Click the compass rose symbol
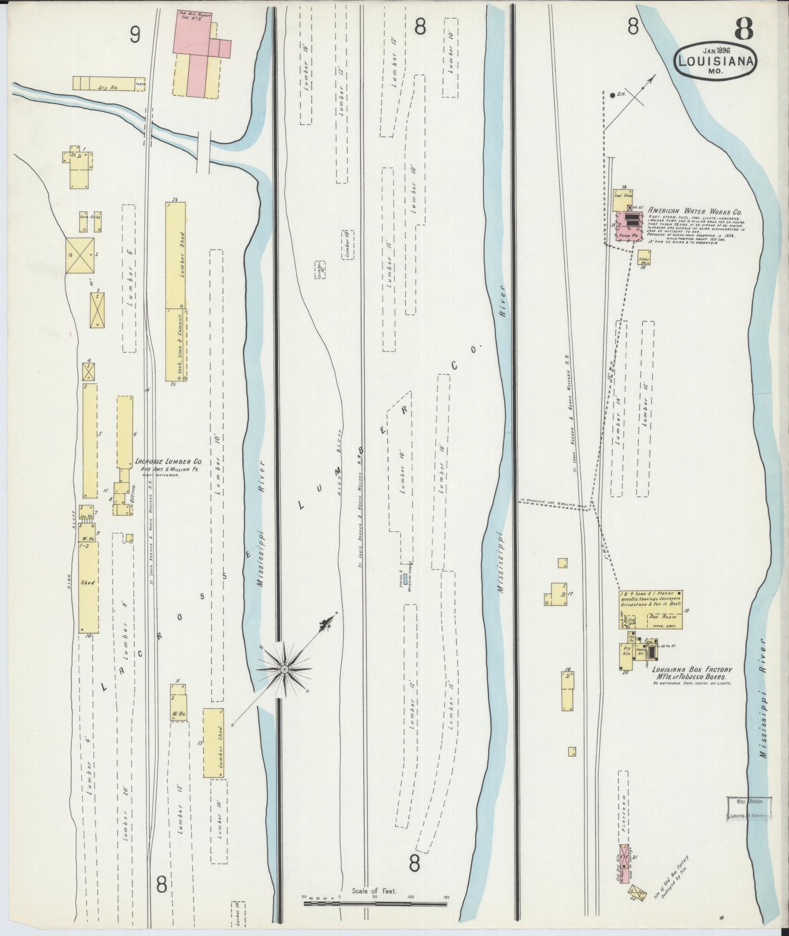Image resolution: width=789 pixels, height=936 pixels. [x=284, y=669]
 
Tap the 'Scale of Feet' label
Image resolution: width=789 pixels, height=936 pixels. [x=375, y=891]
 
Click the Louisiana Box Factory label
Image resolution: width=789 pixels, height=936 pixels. [x=691, y=670]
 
